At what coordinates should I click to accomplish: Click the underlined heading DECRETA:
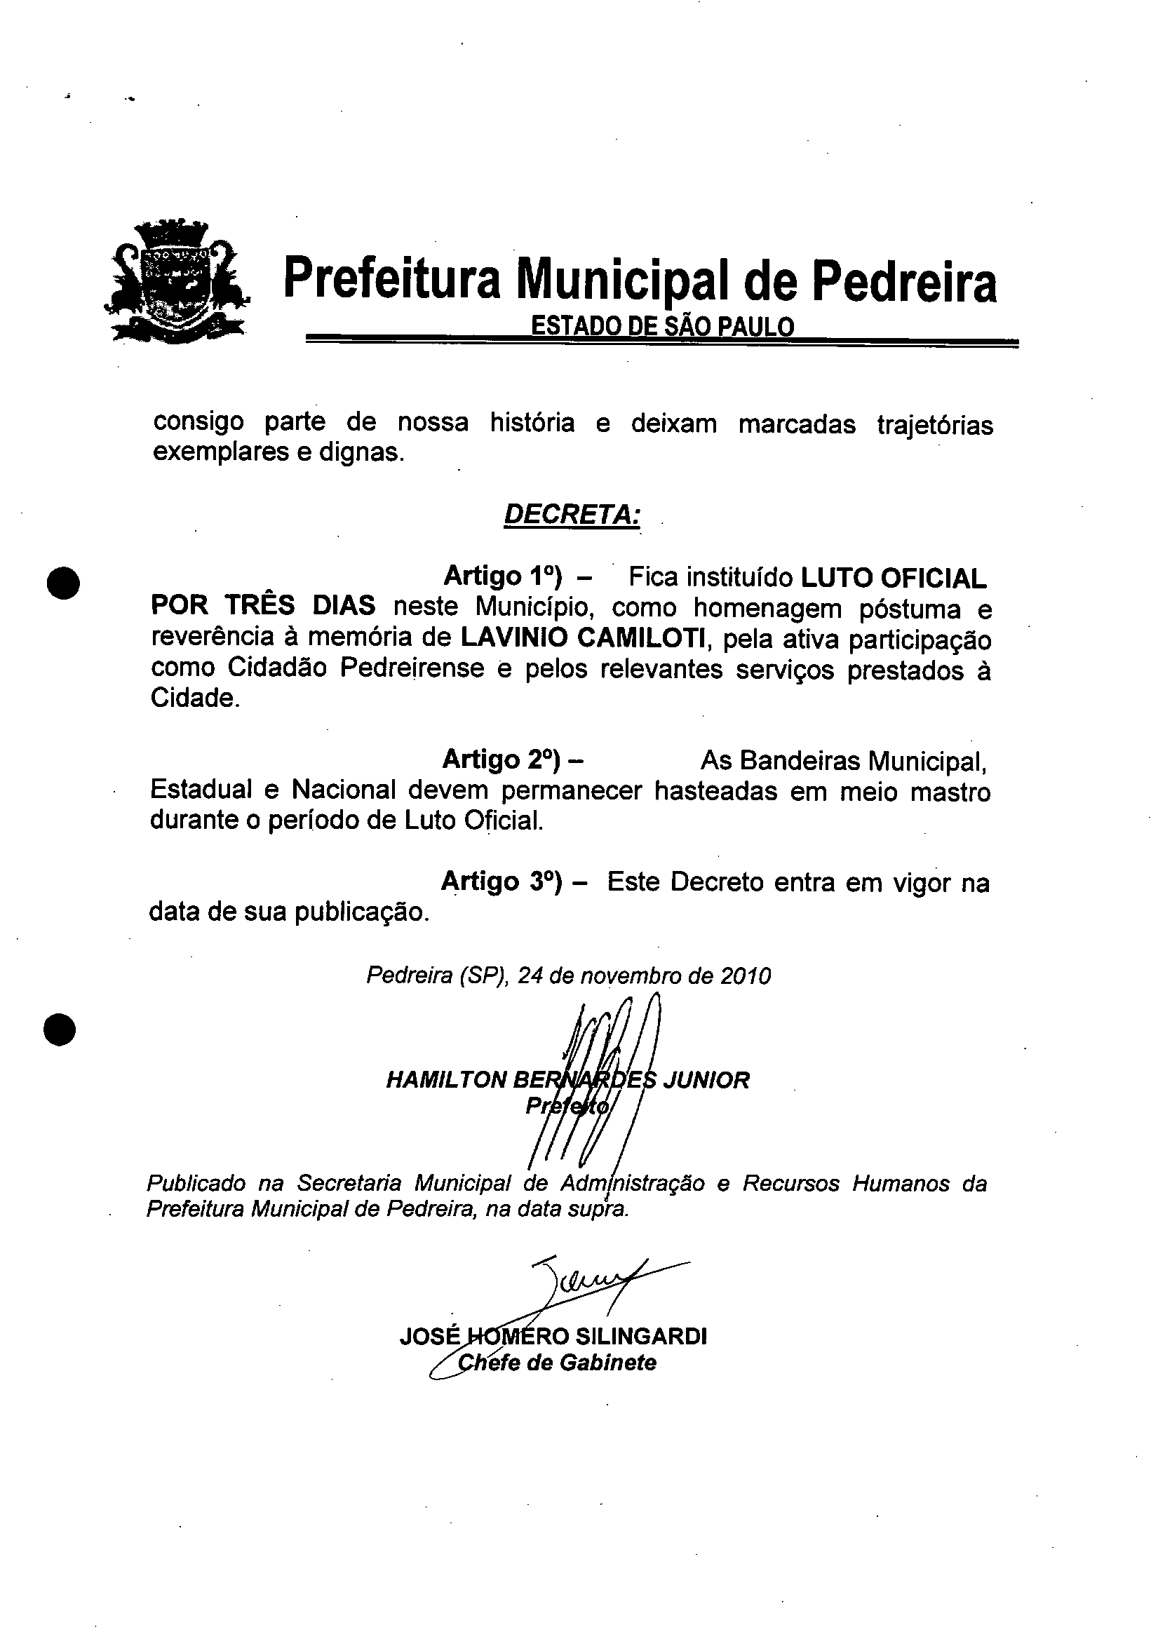coord(571,514)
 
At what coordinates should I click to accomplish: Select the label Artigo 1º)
coord(503,575)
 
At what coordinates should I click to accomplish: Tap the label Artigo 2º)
coord(503,759)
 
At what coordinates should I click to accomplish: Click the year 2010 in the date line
coord(745,975)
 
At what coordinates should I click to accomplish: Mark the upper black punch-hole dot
coord(62,583)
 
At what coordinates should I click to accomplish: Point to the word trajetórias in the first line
coord(934,425)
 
